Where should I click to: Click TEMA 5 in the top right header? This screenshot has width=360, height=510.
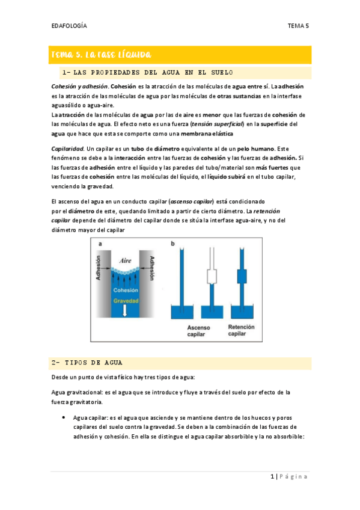(x=297, y=26)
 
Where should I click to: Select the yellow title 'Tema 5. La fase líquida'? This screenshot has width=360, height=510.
(x=100, y=55)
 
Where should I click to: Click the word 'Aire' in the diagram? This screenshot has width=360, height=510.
(x=126, y=260)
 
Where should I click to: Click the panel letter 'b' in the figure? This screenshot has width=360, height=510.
(x=172, y=244)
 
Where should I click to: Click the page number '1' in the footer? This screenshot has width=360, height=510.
(x=272, y=477)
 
